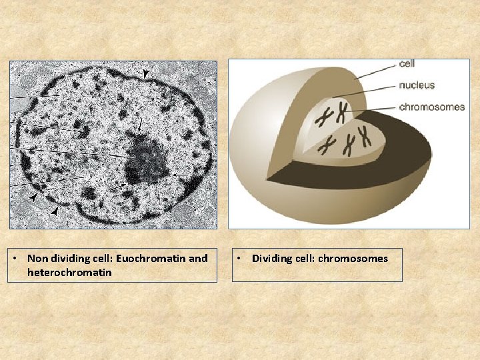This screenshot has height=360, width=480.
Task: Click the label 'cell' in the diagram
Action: click(407, 64)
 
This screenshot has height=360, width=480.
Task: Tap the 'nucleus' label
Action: click(417, 85)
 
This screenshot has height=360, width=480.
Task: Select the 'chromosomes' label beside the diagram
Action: click(431, 107)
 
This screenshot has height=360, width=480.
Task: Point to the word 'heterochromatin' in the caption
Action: click(69, 273)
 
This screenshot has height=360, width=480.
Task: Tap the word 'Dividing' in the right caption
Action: click(271, 258)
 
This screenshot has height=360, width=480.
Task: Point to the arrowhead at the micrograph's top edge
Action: click(146, 72)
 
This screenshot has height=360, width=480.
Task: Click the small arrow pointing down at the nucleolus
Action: click(140, 125)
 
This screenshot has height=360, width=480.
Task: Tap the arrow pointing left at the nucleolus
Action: click(179, 175)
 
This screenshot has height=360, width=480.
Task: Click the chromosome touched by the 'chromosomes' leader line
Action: click(342, 112)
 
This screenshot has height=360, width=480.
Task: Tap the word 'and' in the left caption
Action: click(198, 258)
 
